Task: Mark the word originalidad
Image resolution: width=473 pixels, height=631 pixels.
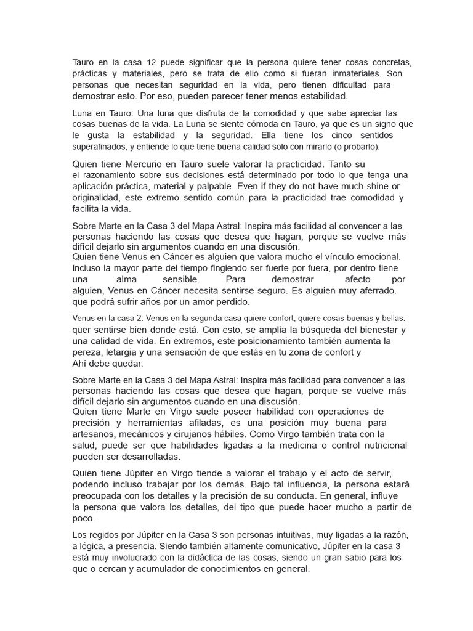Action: click(x=99, y=197)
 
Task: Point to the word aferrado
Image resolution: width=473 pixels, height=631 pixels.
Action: click(x=375, y=290)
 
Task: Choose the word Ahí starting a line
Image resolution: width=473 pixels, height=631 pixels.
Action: click(x=80, y=364)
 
